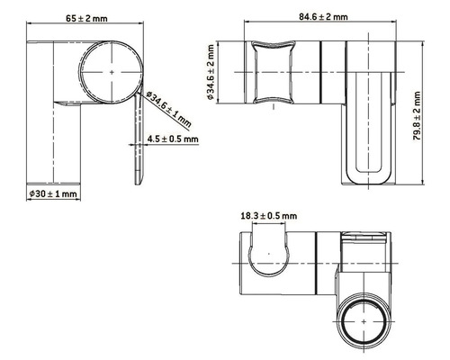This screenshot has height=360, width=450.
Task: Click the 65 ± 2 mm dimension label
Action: (x=88, y=17)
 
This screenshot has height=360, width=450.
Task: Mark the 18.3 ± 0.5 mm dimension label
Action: (x=269, y=217)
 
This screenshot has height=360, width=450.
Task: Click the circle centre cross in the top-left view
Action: (x=112, y=70)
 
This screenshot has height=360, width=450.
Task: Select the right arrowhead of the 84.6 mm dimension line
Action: (x=395, y=25)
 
